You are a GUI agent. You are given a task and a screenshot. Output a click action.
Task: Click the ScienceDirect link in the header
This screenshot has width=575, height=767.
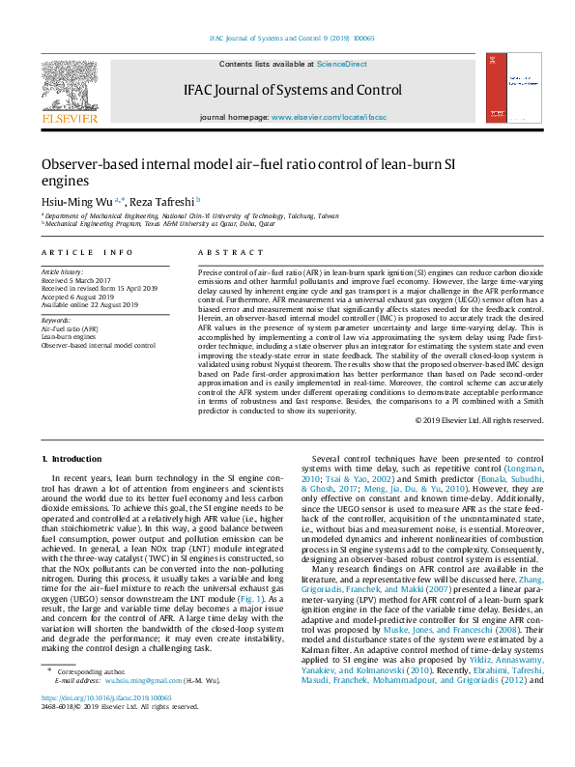pyautogui.click(x=341, y=64)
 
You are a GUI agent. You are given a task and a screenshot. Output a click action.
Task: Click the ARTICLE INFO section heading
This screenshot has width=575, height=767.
pyautogui.click(x=87, y=252)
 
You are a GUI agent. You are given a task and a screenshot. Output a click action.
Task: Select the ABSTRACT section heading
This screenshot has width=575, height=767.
pyautogui.click(x=224, y=252)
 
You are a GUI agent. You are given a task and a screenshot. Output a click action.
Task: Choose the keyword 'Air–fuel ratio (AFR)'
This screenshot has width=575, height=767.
pyautogui.click(x=70, y=328)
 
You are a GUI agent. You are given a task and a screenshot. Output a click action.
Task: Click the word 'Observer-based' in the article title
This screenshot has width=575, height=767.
pyautogui.click(x=90, y=165)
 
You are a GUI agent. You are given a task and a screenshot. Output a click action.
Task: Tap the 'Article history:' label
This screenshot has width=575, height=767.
pyautogui.click(x=62, y=273)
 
